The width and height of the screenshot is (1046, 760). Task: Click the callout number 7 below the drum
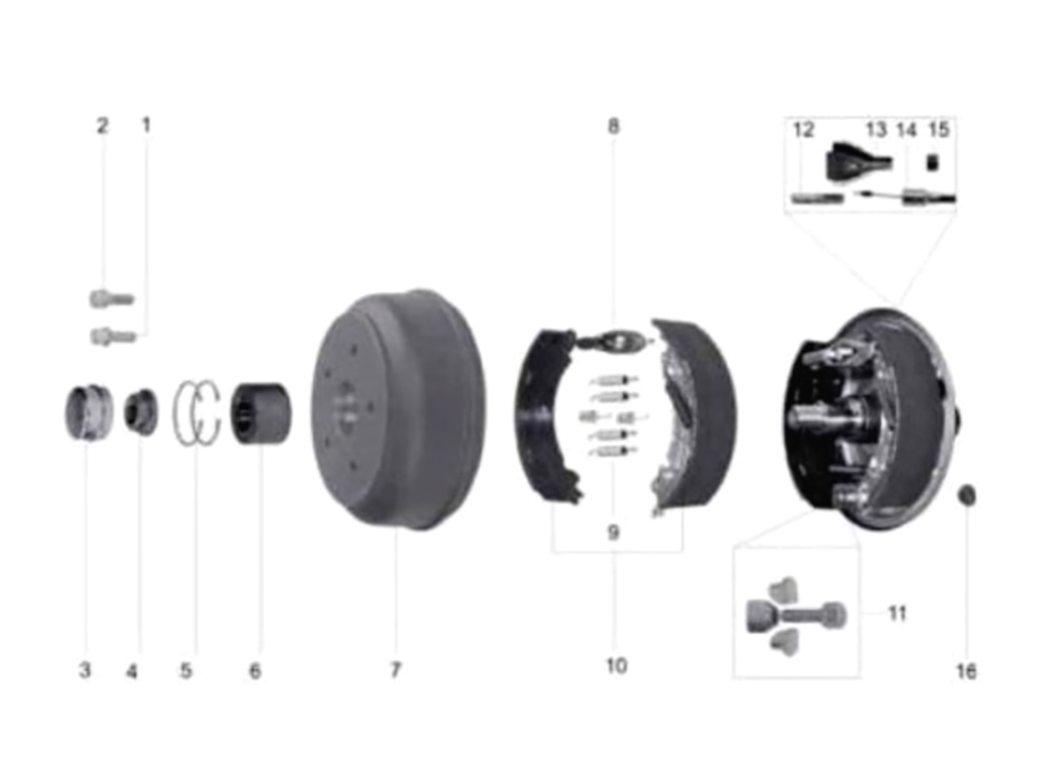pos(395,669)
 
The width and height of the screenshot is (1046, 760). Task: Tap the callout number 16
pos(966,671)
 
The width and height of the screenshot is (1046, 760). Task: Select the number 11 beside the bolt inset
pos(897,613)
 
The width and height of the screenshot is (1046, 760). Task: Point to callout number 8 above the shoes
pos(614,126)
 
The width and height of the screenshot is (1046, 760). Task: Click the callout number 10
pos(616,665)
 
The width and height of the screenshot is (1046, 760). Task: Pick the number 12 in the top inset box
pos(804,130)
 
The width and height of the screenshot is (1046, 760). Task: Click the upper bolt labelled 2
pos(112,299)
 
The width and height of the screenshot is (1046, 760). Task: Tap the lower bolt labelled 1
pos(113,337)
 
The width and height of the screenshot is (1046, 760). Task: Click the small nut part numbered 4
pos(141,412)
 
